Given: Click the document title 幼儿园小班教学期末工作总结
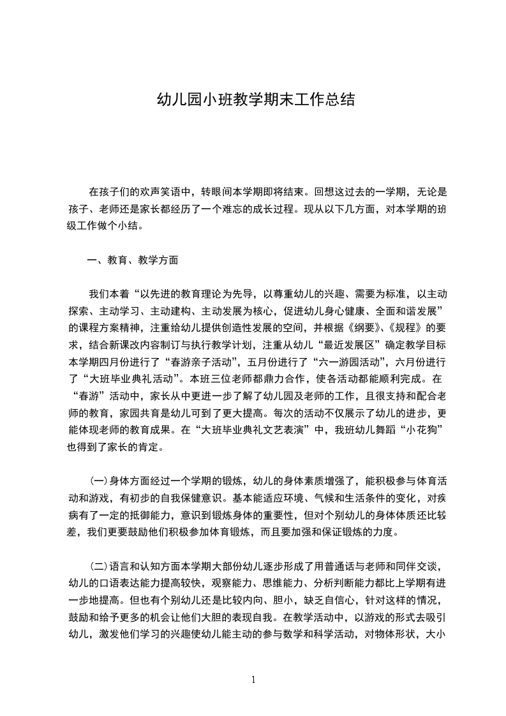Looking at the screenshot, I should (253, 101).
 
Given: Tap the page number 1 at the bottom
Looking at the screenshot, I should (253, 679).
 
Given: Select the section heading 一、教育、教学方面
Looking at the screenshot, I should (133, 260).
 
